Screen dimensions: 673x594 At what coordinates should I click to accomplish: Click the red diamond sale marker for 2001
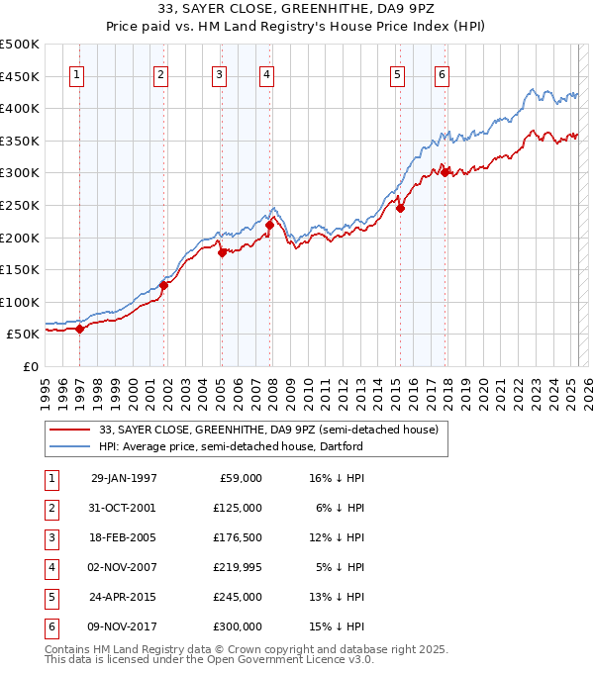(164, 286)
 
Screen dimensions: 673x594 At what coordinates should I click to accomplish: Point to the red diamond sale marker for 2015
(401, 208)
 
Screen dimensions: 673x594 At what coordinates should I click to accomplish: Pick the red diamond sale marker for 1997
(79, 329)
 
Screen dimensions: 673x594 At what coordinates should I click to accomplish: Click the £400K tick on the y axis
(20, 108)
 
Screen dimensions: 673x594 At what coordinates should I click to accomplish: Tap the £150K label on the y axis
(20, 269)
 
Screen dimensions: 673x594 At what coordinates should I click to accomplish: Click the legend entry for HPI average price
(231, 446)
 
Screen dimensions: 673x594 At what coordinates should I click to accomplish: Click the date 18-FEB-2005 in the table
(124, 537)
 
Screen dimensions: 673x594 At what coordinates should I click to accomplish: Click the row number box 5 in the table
(49, 597)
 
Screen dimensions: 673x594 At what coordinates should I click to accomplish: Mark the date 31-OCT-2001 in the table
(124, 508)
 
